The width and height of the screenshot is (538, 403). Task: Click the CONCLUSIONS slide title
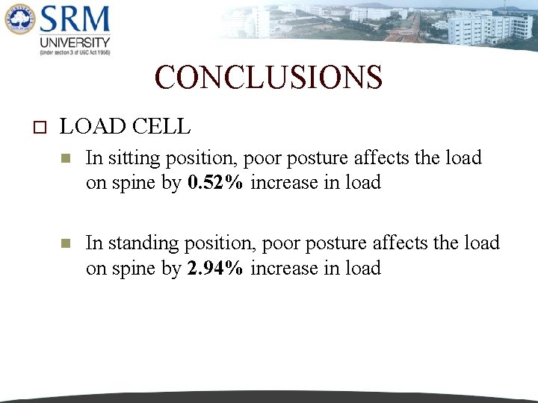coord(268,78)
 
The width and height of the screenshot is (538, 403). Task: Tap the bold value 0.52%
coord(215,183)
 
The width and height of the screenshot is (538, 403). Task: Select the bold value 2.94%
coord(215,268)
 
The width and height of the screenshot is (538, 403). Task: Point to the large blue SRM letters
coord(75,20)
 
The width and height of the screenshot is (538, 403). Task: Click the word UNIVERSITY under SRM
coord(75,43)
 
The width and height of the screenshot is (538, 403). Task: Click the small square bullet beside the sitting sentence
coord(65,159)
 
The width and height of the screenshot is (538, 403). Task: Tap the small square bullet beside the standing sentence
coord(65,244)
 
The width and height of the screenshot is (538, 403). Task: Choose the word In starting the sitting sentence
coord(93,158)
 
